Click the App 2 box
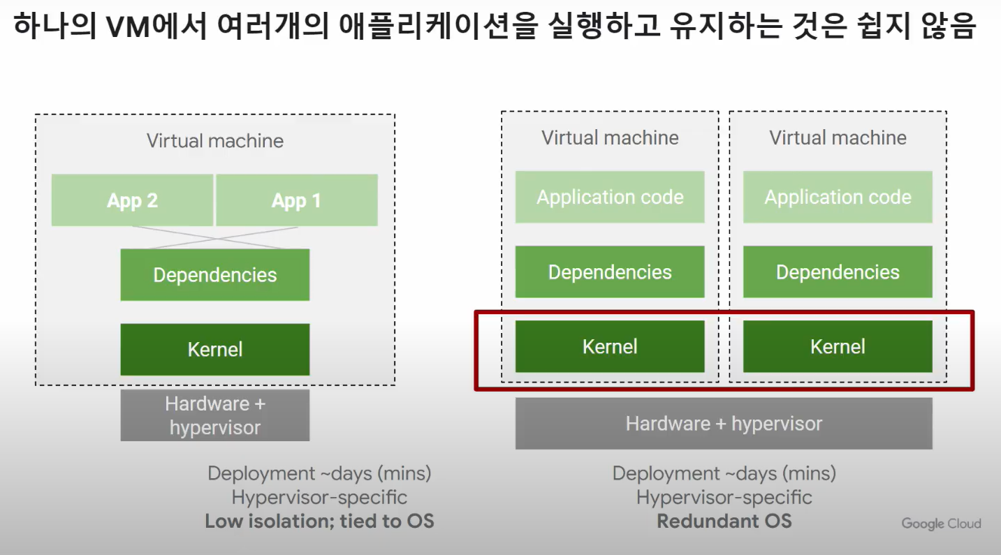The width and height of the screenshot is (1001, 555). coord(132,200)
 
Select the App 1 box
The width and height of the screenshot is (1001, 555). coord(297,200)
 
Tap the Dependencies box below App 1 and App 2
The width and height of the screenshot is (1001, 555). coord(215,275)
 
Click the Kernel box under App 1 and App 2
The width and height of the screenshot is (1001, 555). coord(215,349)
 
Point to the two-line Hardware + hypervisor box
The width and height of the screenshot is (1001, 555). coord(215,415)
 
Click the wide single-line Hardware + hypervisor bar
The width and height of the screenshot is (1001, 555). coord(724,424)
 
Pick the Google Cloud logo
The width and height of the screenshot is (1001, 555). coord(941,524)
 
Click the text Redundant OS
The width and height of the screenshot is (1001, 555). coord(724,521)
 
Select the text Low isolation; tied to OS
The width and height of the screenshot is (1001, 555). coord(319,521)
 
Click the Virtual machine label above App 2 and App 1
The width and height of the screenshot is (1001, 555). coord(215,141)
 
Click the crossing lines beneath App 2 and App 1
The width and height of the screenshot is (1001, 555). coord(215,237)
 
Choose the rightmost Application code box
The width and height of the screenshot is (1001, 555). coord(838,198)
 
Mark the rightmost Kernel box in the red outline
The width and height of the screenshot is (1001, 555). coord(838,347)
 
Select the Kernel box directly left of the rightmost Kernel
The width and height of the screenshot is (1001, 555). coord(610,347)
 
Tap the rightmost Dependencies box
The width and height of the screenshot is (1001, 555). coord(838,272)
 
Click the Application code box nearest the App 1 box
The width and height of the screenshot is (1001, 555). coord(610,198)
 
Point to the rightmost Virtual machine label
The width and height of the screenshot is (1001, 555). coord(838,138)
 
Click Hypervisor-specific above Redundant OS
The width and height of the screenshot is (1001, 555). coord(724,498)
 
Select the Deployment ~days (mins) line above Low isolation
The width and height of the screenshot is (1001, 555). coord(319,473)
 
